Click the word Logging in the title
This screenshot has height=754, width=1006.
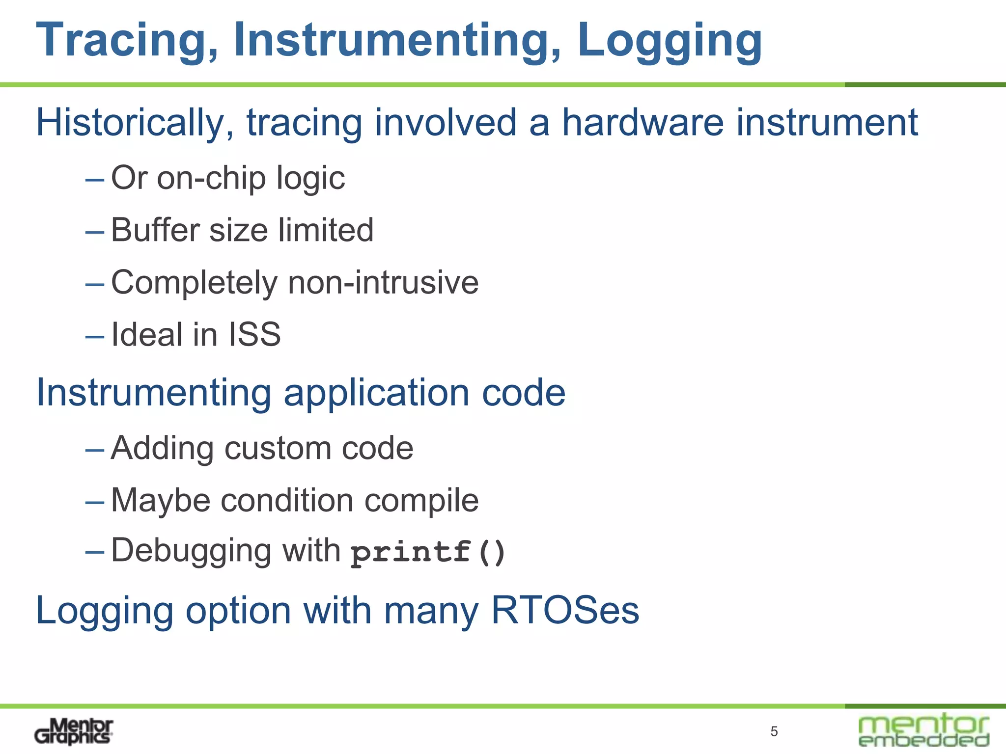pyautogui.click(x=670, y=41)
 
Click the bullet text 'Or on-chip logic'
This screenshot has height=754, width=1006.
pyautogui.click(x=228, y=178)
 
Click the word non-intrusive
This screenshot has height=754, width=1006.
pyautogui.click(x=383, y=283)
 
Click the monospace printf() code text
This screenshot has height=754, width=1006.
pyautogui.click(x=428, y=552)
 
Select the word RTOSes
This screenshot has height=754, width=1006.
pyautogui.click(x=565, y=611)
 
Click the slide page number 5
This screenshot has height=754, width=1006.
pyautogui.click(x=774, y=732)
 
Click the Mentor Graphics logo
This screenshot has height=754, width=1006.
pyautogui.click(x=74, y=731)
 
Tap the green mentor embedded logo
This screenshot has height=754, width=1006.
pyautogui.click(x=923, y=730)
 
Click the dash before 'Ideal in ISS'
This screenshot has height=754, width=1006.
pyautogui.click(x=94, y=337)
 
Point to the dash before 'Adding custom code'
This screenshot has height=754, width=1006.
pyautogui.click(x=94, y=450)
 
